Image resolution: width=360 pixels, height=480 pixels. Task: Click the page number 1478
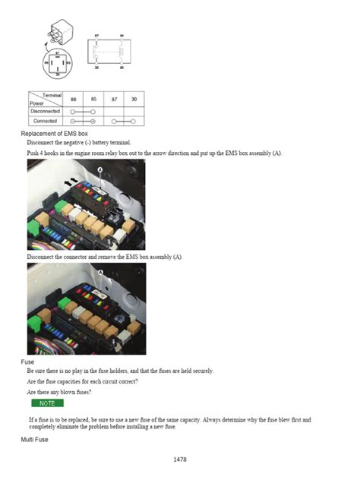(x=180, y=459)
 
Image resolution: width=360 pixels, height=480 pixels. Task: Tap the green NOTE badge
(x=47, y=403)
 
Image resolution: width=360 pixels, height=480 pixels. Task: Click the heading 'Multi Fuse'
(x=34, y=440)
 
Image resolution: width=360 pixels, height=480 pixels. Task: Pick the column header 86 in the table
(x=74, y=99)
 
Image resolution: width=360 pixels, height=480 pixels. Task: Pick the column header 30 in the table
(x=134, y=99)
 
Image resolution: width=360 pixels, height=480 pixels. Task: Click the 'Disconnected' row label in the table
(x=45, y=111)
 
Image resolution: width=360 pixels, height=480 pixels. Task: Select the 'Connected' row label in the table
(x=45, y=121)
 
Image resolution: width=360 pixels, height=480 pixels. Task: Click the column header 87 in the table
(x=113, y=99)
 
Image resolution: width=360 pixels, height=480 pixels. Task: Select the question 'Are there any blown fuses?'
(x=58, y=392)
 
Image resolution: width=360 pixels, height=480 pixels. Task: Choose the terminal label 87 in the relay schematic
(x=96, y=35)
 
